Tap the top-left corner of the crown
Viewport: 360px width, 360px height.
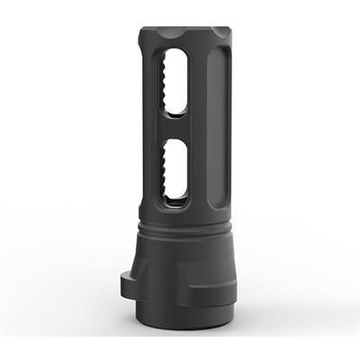(x=142, y=38)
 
